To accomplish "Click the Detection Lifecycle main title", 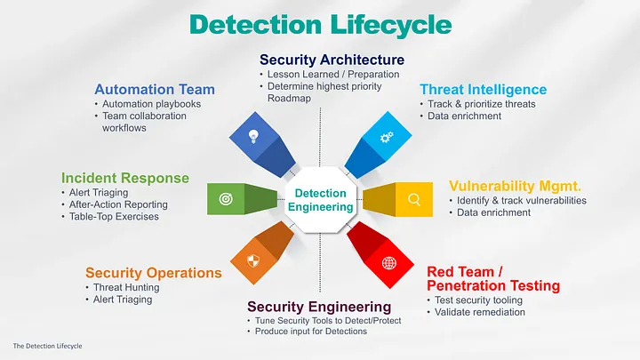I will (320, 25).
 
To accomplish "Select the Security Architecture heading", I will (332, 60).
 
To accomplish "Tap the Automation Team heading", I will (155, 89).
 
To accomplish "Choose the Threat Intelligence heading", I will (483, 89).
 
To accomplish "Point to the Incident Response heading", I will (125, 178).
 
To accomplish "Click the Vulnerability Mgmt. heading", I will (515, 186).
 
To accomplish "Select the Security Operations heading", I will (153, 273).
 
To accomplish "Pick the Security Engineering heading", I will (319, 307).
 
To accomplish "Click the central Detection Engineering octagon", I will (320, 200).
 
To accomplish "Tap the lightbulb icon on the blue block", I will (252, 136).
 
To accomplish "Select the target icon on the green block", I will (225, 199).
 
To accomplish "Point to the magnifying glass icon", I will (413, 199).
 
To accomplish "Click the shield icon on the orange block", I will (252, 262).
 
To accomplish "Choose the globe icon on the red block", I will (388, 262).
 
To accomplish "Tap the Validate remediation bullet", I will (480, 313).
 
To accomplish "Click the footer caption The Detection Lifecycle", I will (46, 345).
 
